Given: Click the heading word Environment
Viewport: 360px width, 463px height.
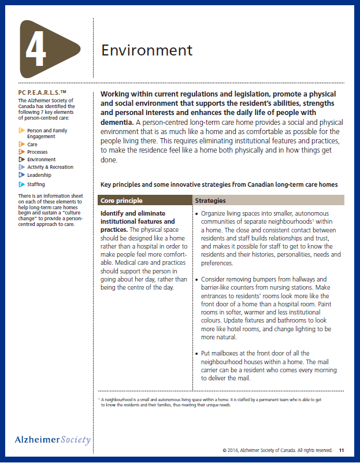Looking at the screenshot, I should click(147, 50).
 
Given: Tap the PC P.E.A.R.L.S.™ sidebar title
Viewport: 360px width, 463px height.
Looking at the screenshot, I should click(42, 92).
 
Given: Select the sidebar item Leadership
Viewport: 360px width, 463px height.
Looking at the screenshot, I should click(39, 175).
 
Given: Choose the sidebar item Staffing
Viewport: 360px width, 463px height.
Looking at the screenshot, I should click(36, 184).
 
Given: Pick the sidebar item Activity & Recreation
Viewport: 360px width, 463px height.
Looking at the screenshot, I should click(50, 167).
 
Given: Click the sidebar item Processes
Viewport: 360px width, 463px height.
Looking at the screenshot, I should click(38, 152).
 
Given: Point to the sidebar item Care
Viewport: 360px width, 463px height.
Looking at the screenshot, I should click(32, 145).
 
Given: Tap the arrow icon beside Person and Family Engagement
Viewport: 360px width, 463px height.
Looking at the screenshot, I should click(21, 131).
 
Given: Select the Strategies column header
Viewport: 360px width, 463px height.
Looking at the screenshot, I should click(210, 201).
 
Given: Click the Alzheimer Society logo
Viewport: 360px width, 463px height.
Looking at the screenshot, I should click(53, 440).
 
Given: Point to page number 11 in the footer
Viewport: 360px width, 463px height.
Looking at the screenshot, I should click(342, 450).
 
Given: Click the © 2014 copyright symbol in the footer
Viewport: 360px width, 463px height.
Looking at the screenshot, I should click(225, 450).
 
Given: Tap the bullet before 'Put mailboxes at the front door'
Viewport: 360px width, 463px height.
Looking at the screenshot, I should click(197, 353).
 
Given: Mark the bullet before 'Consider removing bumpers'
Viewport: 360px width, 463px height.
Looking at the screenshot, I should click(197, 279).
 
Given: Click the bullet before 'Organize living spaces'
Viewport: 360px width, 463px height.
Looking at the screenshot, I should click(197, 213).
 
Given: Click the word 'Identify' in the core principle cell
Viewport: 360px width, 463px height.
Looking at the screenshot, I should click(114, 213).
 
